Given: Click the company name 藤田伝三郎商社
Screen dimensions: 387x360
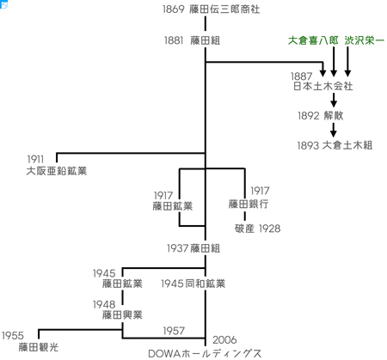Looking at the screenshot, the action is (x=224, y=9).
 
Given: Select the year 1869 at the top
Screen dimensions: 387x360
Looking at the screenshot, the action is (x=174, y=9).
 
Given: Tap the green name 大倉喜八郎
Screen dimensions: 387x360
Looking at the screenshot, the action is (x=313, y=40).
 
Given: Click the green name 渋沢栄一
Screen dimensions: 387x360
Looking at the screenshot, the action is (x=364, y=40).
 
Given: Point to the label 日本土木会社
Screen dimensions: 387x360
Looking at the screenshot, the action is (x=322, y=86).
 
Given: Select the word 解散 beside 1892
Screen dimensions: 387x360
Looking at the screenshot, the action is (x=334, y=116).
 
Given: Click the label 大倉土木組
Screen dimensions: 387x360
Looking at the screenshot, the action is (x=347, y=145).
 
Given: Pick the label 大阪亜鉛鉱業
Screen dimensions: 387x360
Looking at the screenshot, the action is (x=57, y=171).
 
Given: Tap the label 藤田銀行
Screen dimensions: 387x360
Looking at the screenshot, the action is (x=249, y=204).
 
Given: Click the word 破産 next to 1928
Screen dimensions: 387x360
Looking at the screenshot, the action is (x=244, y=229).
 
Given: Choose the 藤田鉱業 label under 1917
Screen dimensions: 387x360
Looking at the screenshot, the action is (x=173, y=206).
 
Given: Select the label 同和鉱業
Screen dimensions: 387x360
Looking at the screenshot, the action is (x=206, y=284).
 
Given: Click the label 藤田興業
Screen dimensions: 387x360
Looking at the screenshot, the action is (x=122, y=315).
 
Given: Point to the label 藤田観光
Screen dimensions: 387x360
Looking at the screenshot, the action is (x=39, y=347).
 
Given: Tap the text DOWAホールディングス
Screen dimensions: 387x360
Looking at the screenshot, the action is (x=205, y=353).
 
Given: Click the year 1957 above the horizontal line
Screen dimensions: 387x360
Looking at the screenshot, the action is (x=174, y=331).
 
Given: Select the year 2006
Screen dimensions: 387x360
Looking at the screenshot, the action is (x=224, y=340).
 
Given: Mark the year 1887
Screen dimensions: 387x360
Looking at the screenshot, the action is (x=302, y=76).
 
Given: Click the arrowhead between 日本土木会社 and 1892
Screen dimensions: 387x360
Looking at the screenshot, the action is (x=334, y=103).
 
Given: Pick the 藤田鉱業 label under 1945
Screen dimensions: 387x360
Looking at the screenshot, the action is (x=122, y=284).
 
